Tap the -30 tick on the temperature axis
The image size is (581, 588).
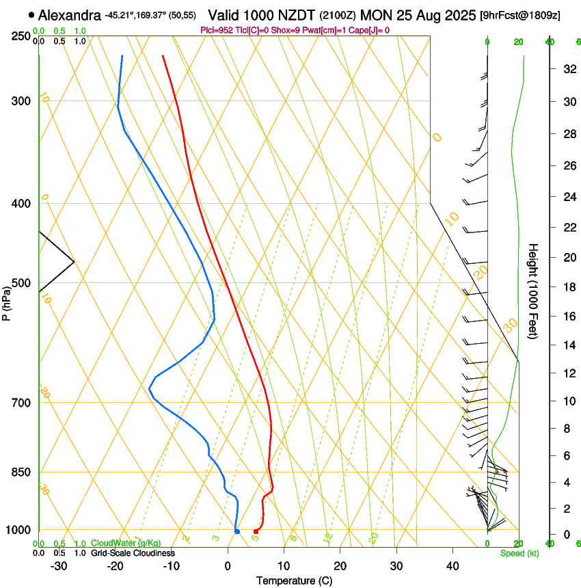click(59, 565)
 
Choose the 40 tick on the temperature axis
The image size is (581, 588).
click(452, 565)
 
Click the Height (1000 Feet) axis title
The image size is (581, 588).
click(534, 295)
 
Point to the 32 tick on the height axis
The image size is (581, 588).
click(568, 69)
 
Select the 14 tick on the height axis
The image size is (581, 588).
click(568, 346)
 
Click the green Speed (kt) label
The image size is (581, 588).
click(519, 553)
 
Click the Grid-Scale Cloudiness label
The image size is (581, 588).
click(133, 553)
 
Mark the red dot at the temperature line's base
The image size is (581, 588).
click(256, 531)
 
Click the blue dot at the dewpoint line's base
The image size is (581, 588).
click(237, 531)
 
